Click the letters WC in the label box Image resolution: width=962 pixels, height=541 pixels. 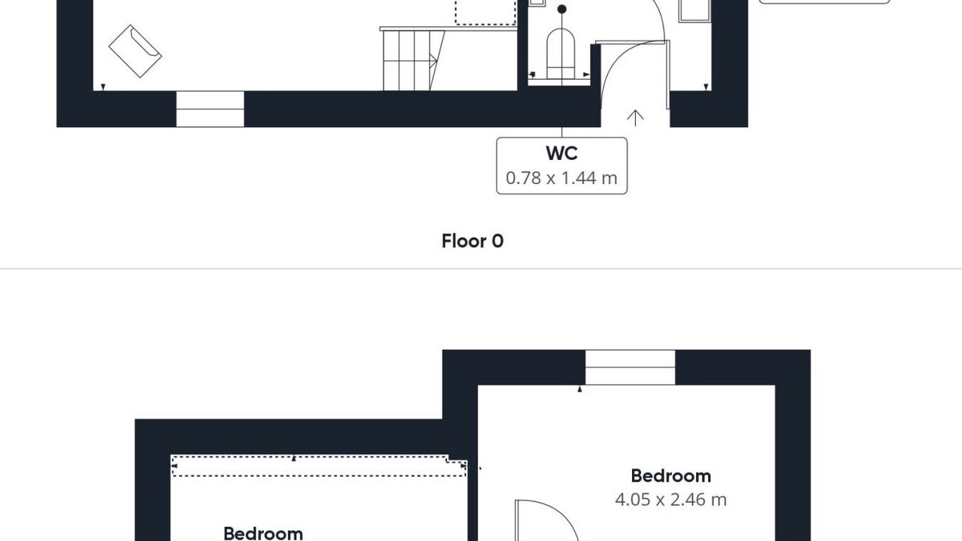pyautogui.click(x=561, y=154)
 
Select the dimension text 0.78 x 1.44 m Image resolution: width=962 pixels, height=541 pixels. pyautogui.click(x=561, y=178)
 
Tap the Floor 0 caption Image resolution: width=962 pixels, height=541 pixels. pyautogui.click(x=473, y=241)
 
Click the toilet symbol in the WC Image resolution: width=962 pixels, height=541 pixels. pyautogui.click(x=561, y=53)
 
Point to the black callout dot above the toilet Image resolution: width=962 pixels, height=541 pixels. pyautogui.click(x=561, y=9)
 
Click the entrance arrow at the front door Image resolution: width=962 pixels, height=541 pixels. pyautogui.click(x=635, y=118)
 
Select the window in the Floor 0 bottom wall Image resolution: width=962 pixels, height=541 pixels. pyautogui.click(x=210, y=109)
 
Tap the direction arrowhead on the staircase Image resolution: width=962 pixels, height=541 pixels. pyautogui.click(x=434, y=61)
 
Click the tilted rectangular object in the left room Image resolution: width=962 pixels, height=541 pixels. pyautogui.click(x=135, y=51)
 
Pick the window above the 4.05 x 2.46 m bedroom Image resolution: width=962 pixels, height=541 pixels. pyautogui.click(x=630, y=367)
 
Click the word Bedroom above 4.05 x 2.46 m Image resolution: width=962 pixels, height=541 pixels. pyautogui.click(x=671, y=476)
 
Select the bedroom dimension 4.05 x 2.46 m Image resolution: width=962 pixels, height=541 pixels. pyautogui.click(x=671, y=500)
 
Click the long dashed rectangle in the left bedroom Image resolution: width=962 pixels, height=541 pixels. pyautogui.click(x=319, y=466)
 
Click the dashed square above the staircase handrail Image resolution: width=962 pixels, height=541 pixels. pyautogui.click(x=486, y=12)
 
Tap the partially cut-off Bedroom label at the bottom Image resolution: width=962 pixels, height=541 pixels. pyautogui.click(x=263, y=533)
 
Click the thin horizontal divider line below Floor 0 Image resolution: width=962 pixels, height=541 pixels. pyautogui.click(x=481, y=269)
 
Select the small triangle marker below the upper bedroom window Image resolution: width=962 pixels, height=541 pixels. pyautogui.click(x=579, y=389)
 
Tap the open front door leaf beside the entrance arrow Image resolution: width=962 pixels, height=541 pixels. pyautogui.click(x=668, y=74)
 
